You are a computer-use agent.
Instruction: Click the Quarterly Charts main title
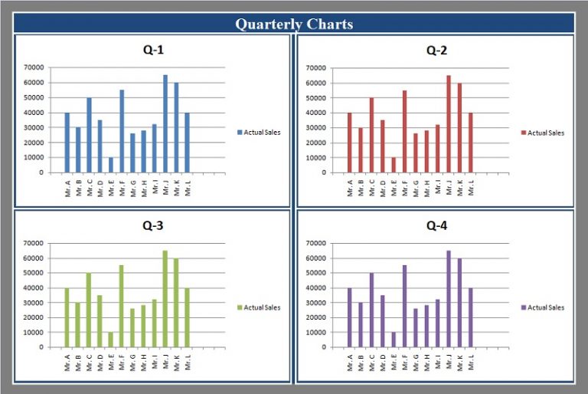(x=294, y=24)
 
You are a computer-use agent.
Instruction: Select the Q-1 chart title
(x=153, y=51)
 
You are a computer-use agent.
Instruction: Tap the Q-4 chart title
(x=436, y=226)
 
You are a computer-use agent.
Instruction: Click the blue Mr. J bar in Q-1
(x=165, y=124)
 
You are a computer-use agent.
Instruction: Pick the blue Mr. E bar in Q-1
(x=111, y=165)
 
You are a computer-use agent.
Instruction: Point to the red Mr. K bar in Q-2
(x=459, y=128)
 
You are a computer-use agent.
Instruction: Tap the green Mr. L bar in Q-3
(x=187, y=317)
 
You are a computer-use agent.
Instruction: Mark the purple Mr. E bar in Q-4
(x=394, y=340)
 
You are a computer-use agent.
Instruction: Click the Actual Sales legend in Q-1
(x=259, y=133)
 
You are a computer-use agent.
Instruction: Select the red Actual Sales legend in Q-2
(x=542, y=133)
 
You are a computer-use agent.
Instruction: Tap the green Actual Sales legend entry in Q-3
(x=259, y=307)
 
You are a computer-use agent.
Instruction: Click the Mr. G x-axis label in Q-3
(x=133, y=362)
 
